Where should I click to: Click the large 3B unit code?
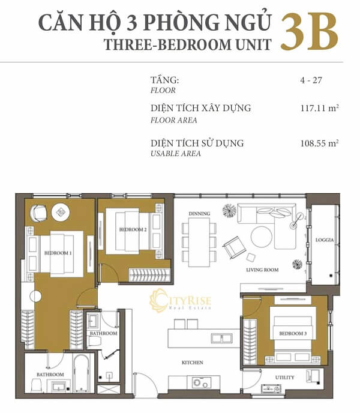click(308, 33)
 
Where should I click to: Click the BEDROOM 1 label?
click(58, 253)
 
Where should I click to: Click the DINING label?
click(198, 214)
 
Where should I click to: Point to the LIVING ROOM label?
click(262, 270)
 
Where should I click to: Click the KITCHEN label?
click(193, 363)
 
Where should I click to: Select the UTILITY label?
click(284, 377)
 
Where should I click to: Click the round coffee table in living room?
click(262, 237)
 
